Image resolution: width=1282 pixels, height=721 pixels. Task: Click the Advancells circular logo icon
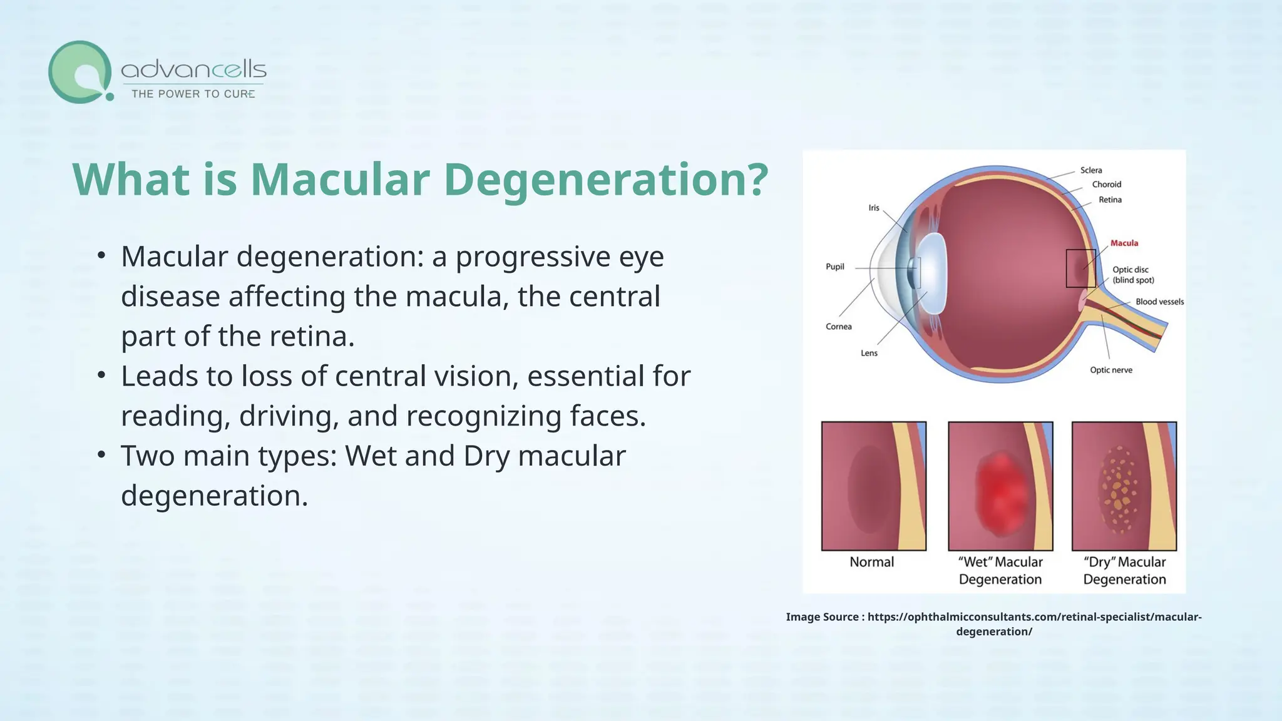click(80, 72)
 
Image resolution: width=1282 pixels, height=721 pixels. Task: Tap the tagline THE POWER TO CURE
click(193, 94)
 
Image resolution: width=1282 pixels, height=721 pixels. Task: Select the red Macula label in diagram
click(1124, 243)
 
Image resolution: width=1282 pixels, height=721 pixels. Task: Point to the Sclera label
click(1091, 170)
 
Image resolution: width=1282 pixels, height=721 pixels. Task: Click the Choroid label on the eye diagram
click(1106, 185)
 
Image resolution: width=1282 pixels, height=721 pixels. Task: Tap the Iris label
click(874, 208)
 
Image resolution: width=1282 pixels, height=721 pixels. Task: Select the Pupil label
click(835, 267)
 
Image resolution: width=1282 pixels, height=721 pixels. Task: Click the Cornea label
click(838, 327)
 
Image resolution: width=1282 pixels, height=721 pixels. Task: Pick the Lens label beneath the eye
click(869, 353)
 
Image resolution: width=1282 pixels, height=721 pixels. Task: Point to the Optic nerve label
click(1111, 370)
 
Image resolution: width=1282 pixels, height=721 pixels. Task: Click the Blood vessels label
click(1159, 302)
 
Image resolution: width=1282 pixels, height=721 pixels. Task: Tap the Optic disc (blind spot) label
click(1132, 275)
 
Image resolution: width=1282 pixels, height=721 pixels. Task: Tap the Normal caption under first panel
click(871, 562)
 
